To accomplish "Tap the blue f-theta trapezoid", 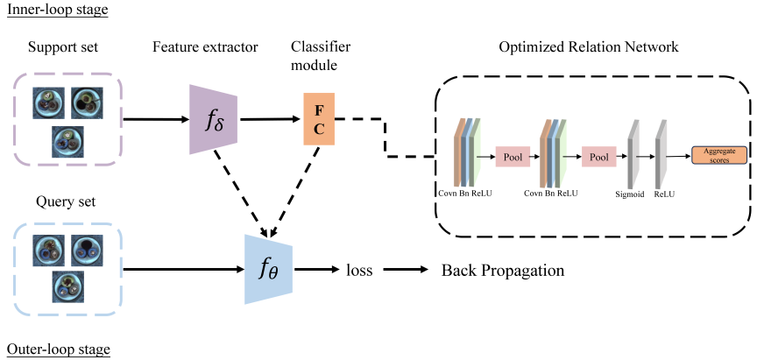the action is coord(269,270).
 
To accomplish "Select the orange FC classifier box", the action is coord(319,119).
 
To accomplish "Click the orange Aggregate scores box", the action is coord(719,155).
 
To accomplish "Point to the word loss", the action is coord(360,271).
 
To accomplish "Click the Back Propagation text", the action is coord(503,271).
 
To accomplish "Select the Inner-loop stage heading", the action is coord(57,11).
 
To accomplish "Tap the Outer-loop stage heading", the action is coord(58,349).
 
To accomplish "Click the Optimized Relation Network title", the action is coord(589,46).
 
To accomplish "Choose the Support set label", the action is coord(63,47).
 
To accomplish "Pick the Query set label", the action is coord(66,201).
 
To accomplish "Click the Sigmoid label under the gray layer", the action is coord(630,195).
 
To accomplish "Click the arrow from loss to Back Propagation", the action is coord(407,270).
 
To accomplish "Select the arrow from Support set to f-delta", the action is coord(156,120).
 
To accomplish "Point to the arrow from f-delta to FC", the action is coord(271,119).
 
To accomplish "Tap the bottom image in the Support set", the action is coord(68,142).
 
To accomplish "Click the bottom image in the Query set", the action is coord(68,286).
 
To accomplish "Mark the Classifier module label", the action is coord(321,56).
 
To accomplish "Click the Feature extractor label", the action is coord(206,47).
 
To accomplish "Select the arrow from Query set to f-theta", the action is coord(184,270).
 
